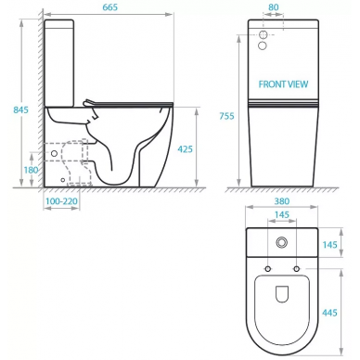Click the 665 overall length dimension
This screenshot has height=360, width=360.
point(110,7)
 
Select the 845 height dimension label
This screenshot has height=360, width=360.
point(20,109)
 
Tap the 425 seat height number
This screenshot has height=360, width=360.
point(185,149)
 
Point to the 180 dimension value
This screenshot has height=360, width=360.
point(31,170)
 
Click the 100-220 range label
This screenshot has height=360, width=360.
point(61,201)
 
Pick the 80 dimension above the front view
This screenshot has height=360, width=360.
point(274,7)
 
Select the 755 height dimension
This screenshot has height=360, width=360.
point(226,116)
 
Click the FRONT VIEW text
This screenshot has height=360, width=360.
point(283,84)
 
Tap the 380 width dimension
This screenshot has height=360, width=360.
point(282,201)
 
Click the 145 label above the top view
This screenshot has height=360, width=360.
point(282,214)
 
